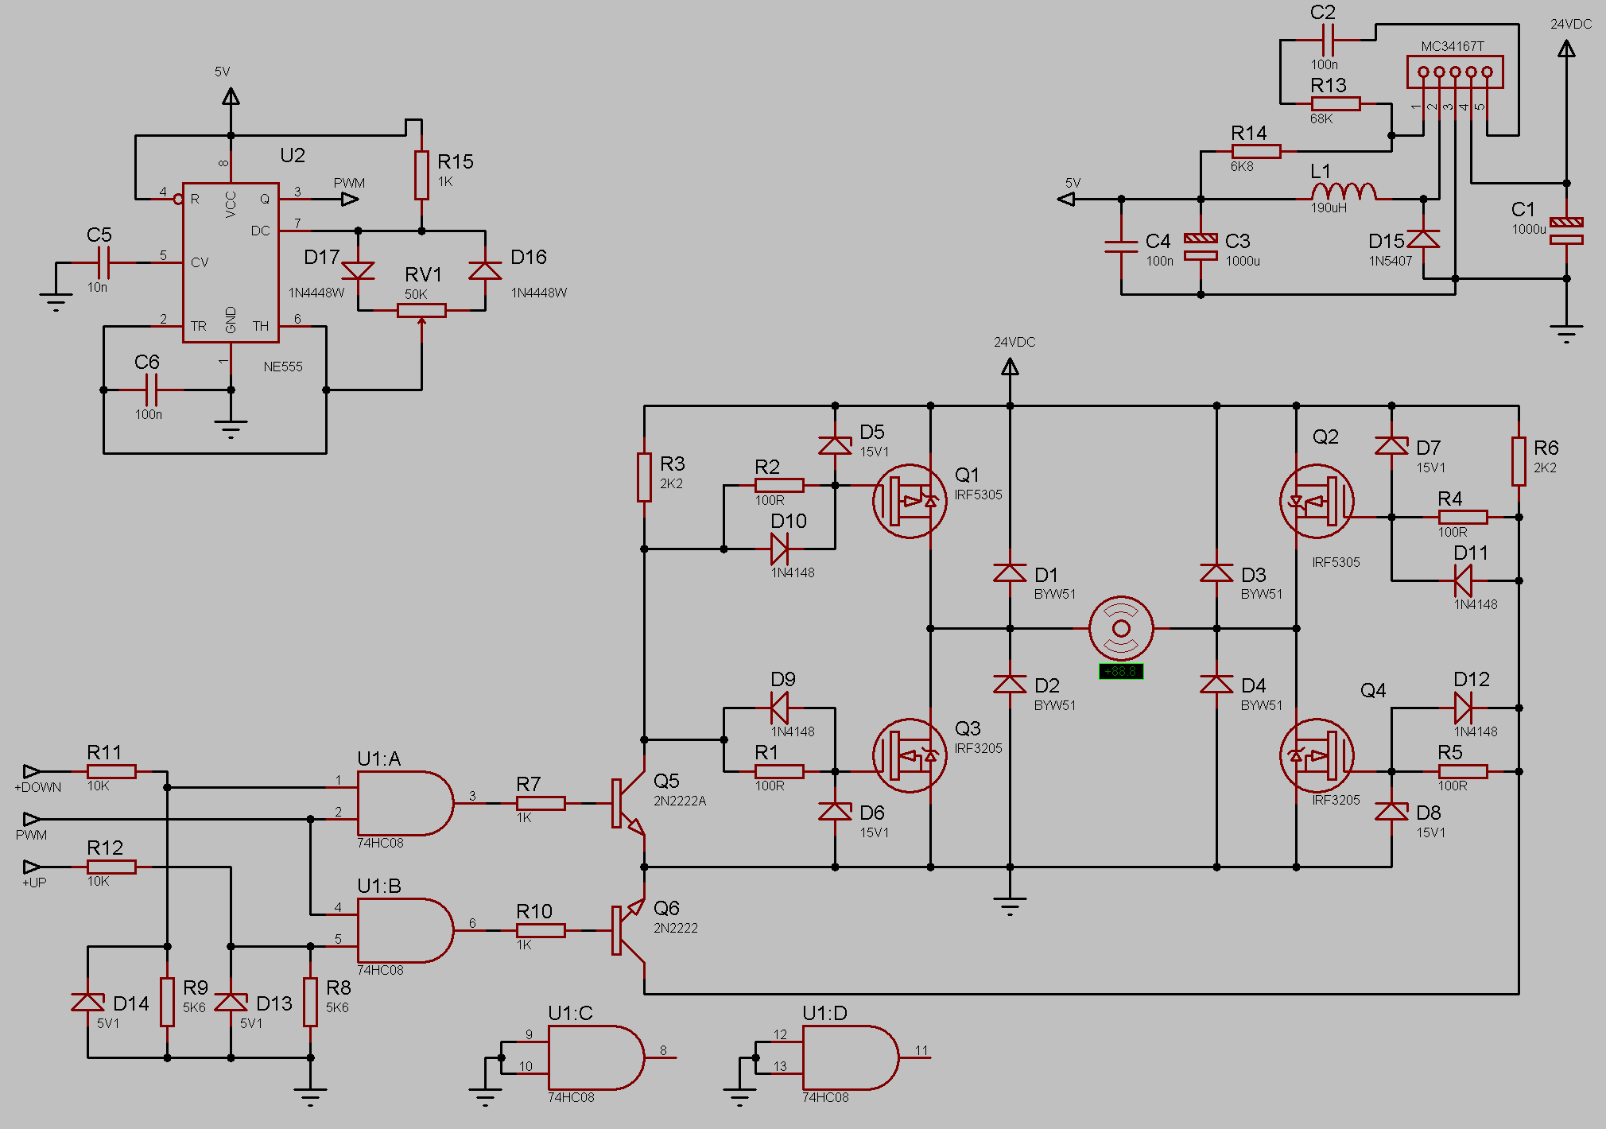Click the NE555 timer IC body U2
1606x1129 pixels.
(231, 262)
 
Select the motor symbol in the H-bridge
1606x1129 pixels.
(1121, 628)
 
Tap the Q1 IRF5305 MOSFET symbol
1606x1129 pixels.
(910, 501)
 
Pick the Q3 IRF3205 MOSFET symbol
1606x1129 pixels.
(910, 755)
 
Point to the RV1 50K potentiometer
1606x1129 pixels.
(421, 310)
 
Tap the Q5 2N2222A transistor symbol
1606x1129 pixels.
(628, 803)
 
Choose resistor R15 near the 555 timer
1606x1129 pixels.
(421, 175)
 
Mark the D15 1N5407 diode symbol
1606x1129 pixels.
(1423, 239)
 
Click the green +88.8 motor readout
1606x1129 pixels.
(1121, 672)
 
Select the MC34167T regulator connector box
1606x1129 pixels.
(1455, 72)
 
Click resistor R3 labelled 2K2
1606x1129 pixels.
(644, 477)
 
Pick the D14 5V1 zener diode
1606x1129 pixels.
(87, 1002)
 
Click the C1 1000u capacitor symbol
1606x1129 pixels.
(1566, 231)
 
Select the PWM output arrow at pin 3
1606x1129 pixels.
(350, 199)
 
